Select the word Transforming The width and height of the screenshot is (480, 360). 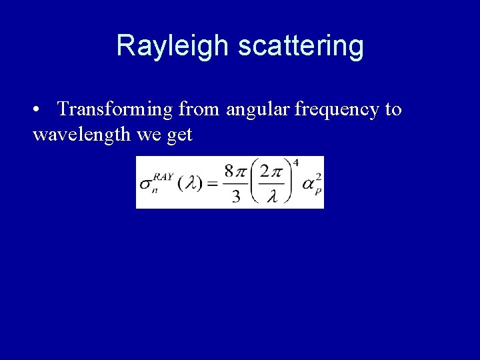point(118,109)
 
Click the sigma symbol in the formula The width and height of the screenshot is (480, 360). point(145,185)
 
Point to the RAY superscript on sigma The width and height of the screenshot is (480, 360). point(163,177)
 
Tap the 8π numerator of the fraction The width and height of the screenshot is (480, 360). point(237,172)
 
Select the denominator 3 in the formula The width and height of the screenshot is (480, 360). point(236,197)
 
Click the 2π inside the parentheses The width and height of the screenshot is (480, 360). point(272,172)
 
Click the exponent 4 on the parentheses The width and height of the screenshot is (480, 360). point(295,163)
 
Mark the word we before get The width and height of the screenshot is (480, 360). point(148,135)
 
